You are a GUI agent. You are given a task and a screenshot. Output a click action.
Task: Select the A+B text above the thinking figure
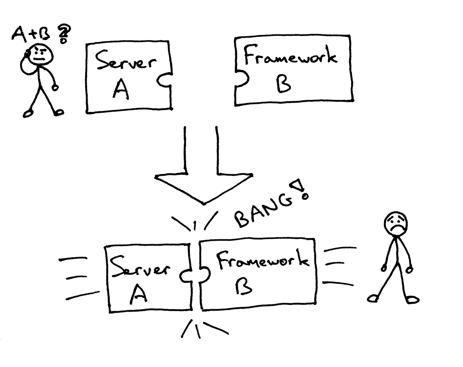pos(33,35)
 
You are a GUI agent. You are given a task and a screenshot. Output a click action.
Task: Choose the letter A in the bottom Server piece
pos(138,295)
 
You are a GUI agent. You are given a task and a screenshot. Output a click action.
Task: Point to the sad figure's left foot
pos(374,298)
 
